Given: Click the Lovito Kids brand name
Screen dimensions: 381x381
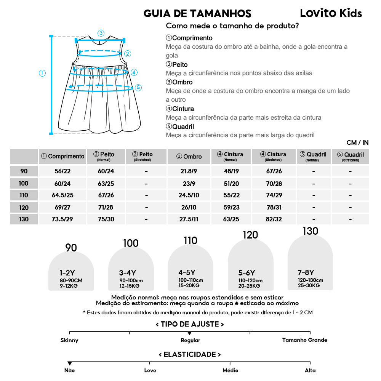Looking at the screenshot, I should tap(331, 13).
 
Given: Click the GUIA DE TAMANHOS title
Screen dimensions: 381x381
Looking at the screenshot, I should tap(197, 14).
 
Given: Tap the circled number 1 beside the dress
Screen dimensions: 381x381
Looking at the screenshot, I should tap(42, 73).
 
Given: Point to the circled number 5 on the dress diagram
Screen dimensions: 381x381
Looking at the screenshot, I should tap(138, 87).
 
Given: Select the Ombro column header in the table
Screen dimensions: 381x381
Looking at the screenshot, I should tap(189, 157).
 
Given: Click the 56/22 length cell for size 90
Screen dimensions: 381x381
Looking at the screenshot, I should tap(63, 171).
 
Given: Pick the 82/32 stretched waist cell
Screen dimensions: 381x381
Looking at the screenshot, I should tap(274, 219).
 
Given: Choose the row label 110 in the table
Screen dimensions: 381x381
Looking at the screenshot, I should tap(24, 195).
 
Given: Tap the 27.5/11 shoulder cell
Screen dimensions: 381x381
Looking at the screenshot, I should tap(189, 219).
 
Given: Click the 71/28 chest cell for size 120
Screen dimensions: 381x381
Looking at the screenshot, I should tap(106, 207).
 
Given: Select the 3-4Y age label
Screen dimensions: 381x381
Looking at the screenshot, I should tap(128, 273).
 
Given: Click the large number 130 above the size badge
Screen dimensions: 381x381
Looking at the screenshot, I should tap(310, 231).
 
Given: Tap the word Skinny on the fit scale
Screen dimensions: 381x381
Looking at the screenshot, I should tap(69, 340).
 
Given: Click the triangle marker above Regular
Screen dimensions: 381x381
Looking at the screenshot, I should tap(190, 334).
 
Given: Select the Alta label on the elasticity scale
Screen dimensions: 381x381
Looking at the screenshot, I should tap(310, 370).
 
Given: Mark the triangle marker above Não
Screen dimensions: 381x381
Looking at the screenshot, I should tap(69, 363).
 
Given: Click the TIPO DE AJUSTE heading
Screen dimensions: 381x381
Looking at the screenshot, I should tap(190, 324).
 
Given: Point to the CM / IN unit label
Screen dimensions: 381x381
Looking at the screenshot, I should tap(357, 143).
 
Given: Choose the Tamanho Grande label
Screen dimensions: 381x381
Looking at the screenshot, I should tap(304, 340).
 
